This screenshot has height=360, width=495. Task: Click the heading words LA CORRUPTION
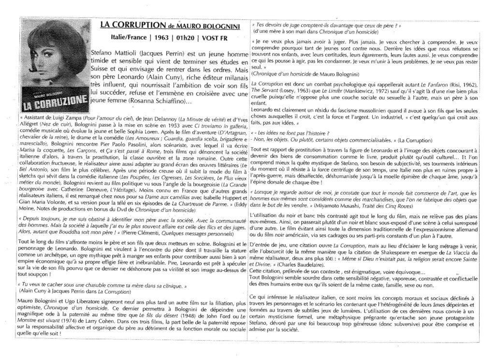[x=126, y=25]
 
